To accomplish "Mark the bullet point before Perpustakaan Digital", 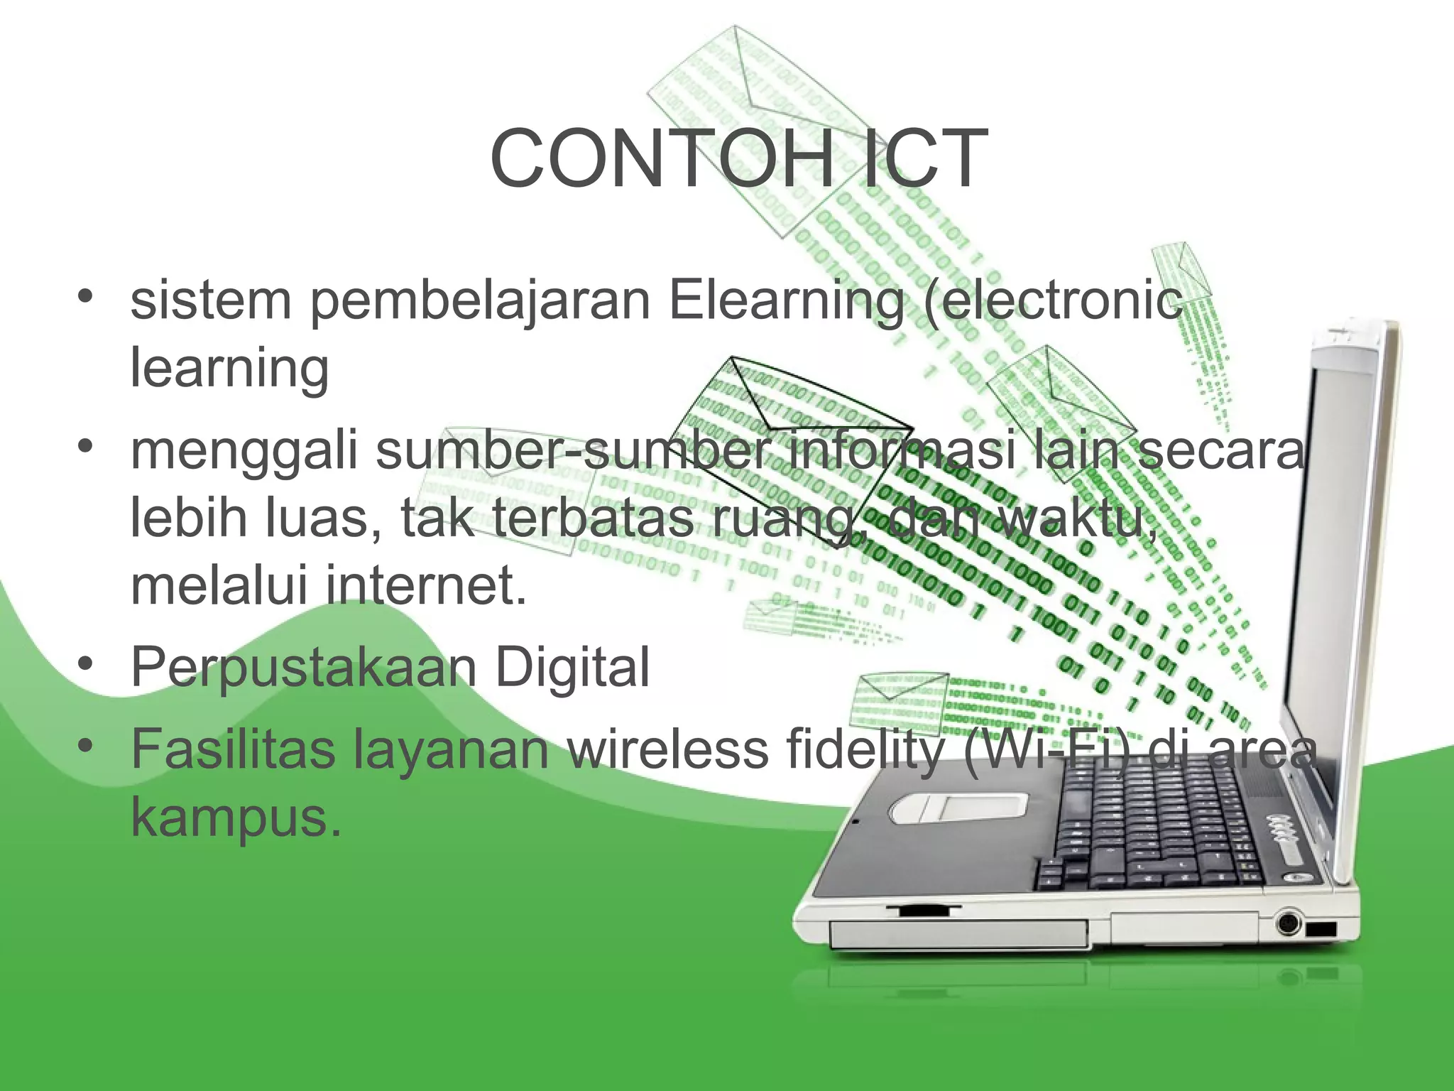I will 86,666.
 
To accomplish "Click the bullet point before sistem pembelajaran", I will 86,297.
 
